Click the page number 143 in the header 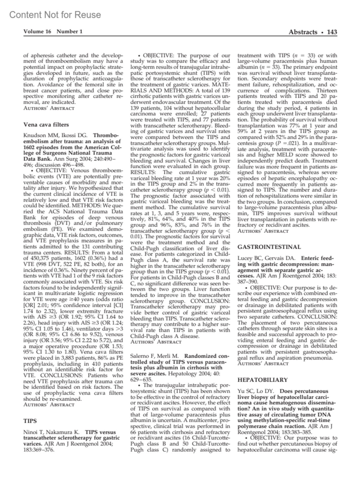[332, 32]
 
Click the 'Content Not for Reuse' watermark [55, 15]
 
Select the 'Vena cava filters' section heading [46, 125]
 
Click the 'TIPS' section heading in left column [30, 421]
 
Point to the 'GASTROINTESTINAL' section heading [269, 247]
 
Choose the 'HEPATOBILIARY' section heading [262, 380]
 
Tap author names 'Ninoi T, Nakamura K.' [51, 432]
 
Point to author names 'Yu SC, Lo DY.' [255, 391]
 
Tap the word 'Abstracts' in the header [303, 32]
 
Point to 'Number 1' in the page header [70, 32]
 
